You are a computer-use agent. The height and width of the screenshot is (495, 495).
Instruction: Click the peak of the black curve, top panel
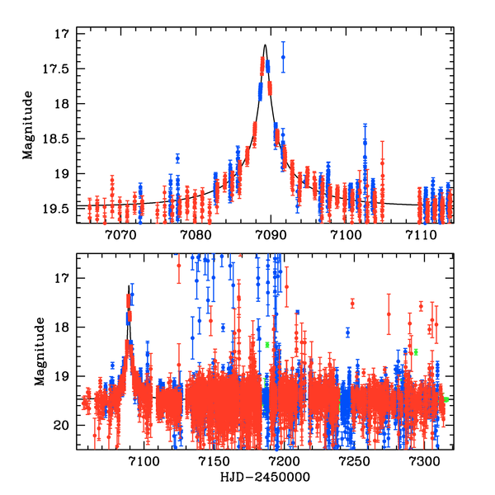point(265,45)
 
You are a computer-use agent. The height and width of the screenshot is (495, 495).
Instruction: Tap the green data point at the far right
point(445,399)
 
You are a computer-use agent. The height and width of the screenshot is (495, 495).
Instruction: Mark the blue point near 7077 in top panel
point(177,158)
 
